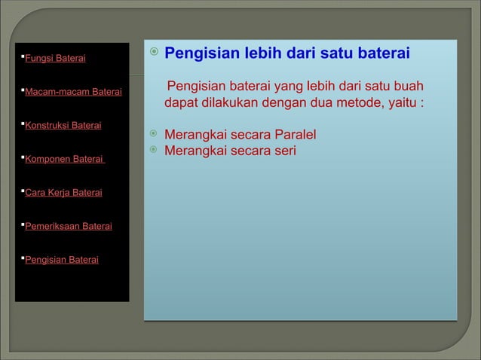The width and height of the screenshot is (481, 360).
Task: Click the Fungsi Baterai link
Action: (56, 59)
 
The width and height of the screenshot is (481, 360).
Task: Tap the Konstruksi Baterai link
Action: (63, 126)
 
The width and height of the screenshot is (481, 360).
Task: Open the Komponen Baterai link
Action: (64, 160)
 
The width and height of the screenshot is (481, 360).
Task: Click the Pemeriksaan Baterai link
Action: (69, 226)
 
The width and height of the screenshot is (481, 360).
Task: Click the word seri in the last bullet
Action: (284, 151)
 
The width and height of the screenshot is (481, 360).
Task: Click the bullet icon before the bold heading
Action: (153, 53)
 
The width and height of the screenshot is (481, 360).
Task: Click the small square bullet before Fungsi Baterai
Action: (22, 57)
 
